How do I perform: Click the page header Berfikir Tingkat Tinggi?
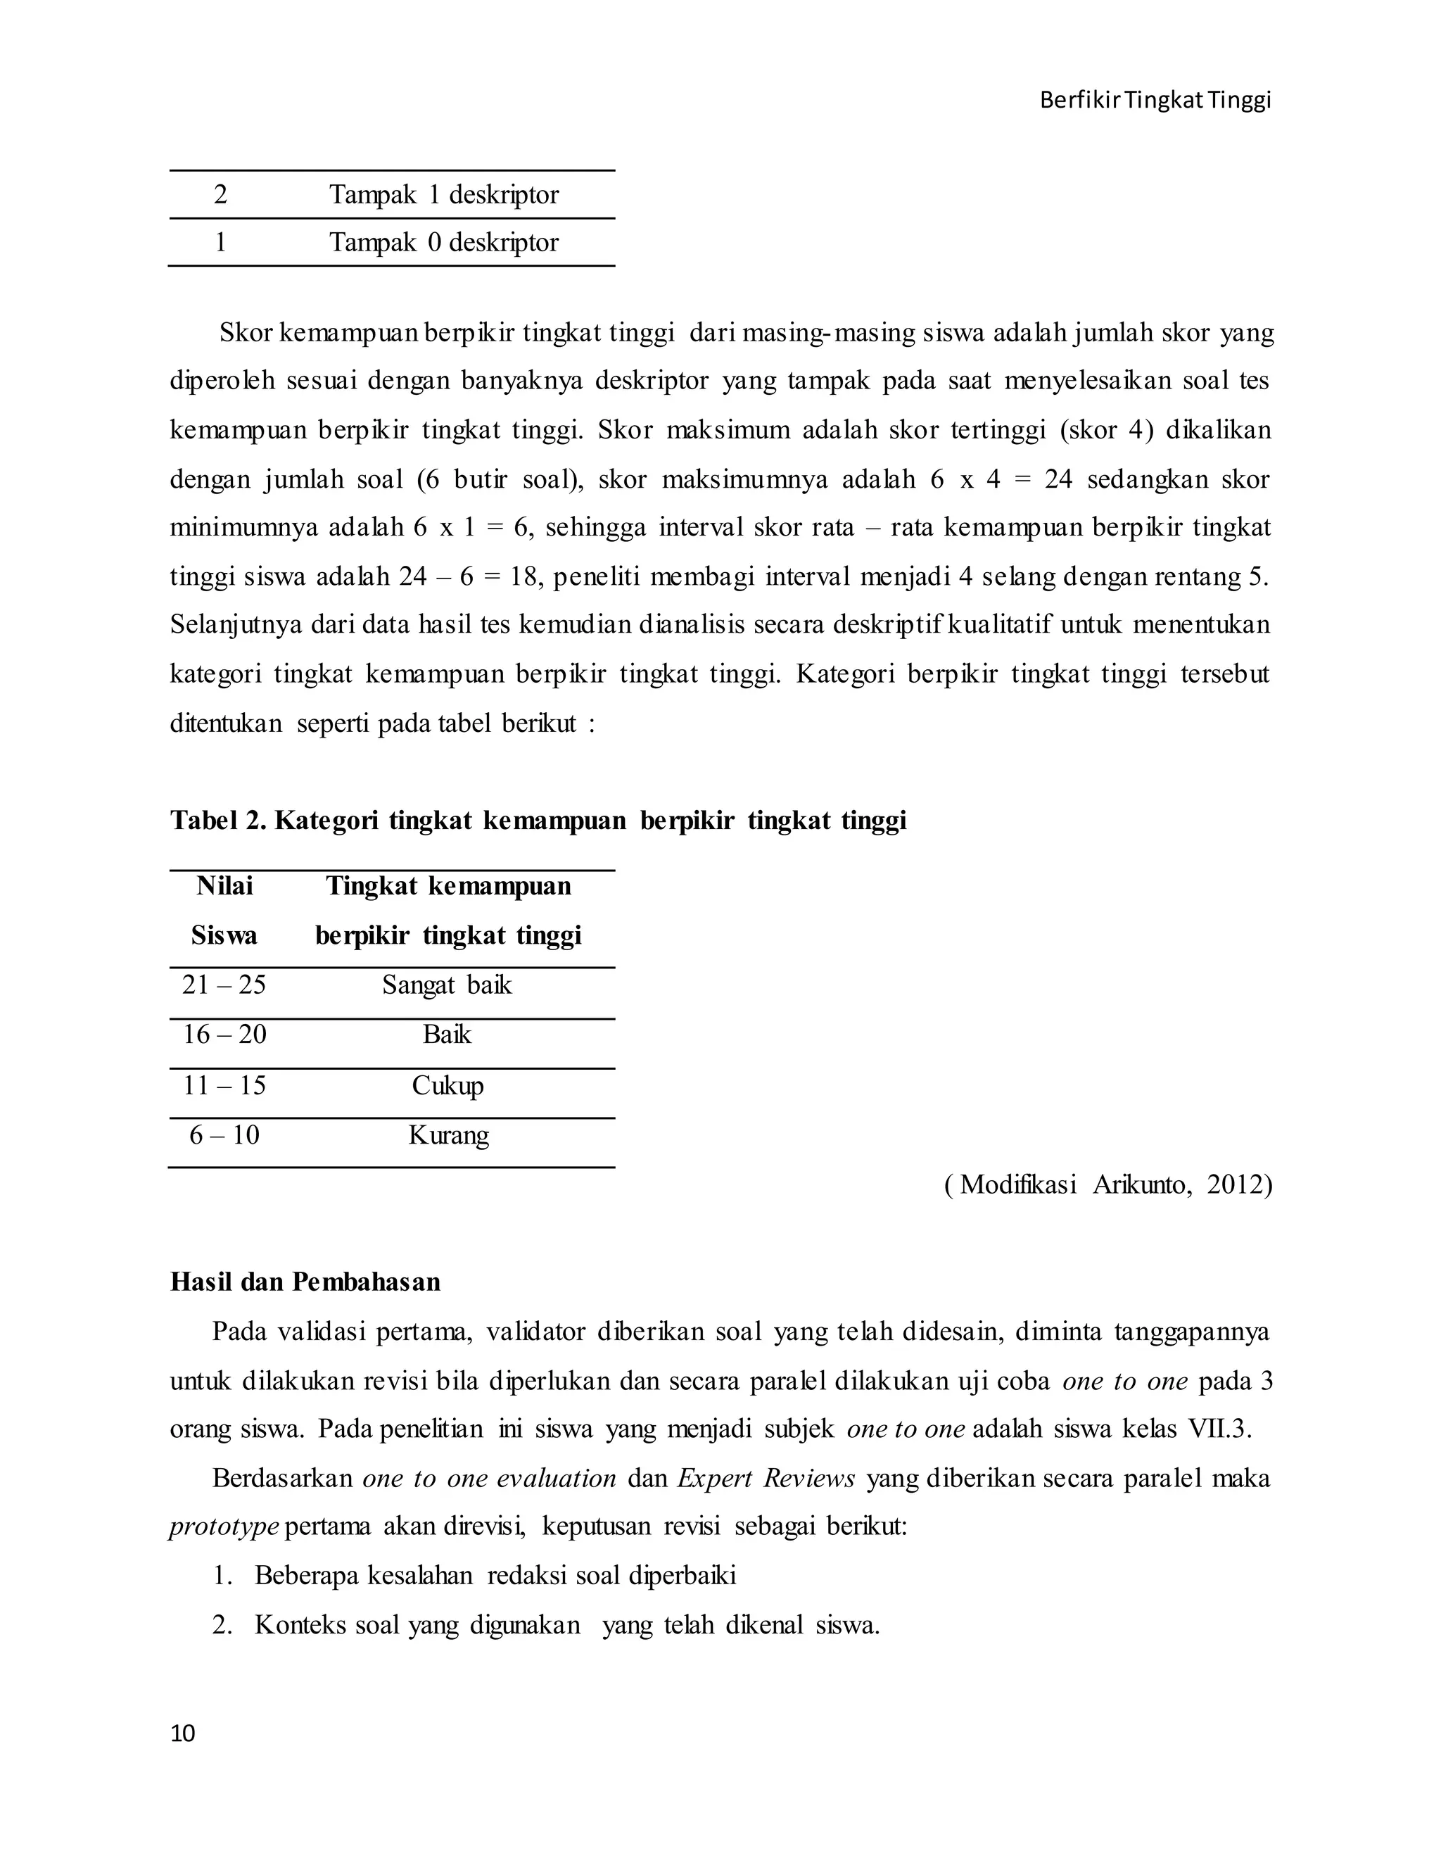click(1155, 101)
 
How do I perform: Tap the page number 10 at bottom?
click(183, 1733)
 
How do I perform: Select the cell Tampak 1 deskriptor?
click(444, 195)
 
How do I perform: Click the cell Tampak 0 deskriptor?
click(444, 243)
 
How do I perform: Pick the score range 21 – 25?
click(224, 985)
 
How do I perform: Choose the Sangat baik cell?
click(447, 985)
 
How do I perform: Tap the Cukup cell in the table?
click(447, 1085)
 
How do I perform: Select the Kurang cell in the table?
click(448, 1135)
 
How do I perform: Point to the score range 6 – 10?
click(224, 1135)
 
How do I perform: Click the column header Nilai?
click(224, 885)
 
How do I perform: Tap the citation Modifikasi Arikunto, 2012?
click(1108, 1184)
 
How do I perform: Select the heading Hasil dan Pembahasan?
click(305, 1282)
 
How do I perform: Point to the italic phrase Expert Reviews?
click(766, 1478)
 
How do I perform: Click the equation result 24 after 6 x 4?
click(1058, 479)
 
